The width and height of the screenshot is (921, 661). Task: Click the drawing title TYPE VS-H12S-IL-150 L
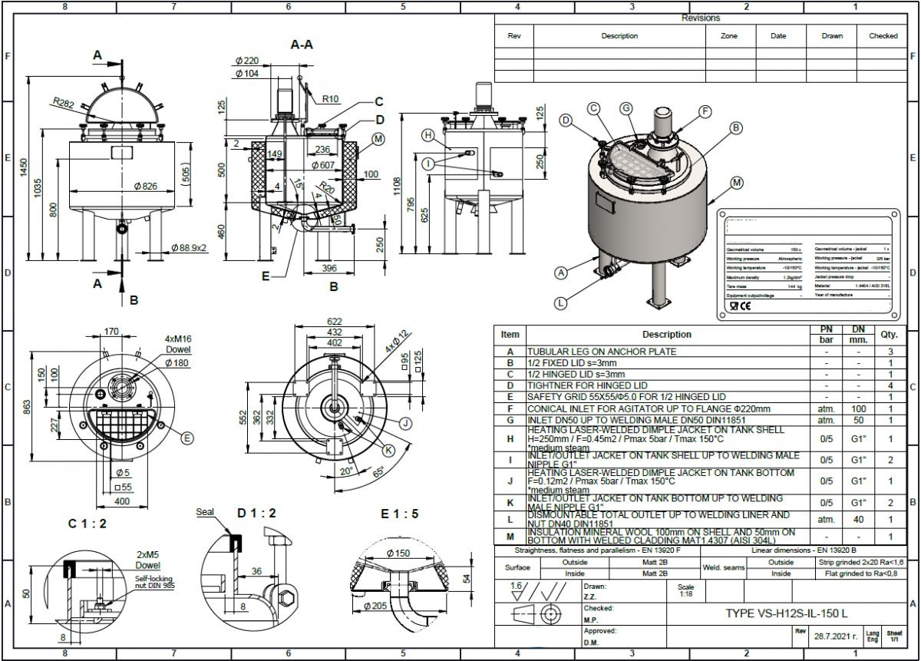point(786,613)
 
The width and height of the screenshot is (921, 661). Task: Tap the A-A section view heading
point(302,45)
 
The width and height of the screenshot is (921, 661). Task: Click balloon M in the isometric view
point(737,183)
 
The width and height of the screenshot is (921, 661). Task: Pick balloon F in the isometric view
point(705,111)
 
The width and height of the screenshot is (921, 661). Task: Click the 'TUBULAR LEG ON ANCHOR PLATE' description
point(602,352)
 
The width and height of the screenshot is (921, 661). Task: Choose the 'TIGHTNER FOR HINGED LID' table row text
point(587,385)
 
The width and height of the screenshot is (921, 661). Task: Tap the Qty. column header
point(890,335)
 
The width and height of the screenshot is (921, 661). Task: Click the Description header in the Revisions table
point(619,36)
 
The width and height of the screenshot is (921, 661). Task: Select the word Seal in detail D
point(206,512)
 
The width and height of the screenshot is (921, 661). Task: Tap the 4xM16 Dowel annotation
point(177,343)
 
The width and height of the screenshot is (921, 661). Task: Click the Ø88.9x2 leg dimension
point(195,248)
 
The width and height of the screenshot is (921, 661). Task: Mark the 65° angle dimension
point(378,471)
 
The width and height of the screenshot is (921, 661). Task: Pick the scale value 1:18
point(686,594)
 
